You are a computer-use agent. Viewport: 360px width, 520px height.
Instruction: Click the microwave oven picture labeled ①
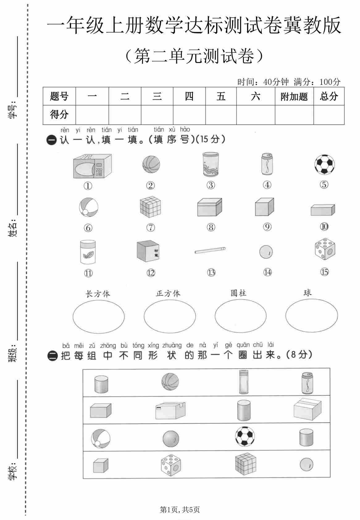coord(92,166)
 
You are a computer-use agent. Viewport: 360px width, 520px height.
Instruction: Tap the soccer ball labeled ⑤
coord(324,165)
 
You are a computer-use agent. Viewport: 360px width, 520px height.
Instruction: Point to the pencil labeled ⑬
coord(210,250)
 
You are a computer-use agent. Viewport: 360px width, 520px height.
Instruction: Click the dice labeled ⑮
coord(325,249)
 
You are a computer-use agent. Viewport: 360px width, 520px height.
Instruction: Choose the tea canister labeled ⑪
coord(88,252)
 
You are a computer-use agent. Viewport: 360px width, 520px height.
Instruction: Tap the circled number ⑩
coord(324,227)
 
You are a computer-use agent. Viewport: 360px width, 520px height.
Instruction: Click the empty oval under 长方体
coord(98,317)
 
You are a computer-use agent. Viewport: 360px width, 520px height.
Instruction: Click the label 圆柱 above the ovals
coord(238,293)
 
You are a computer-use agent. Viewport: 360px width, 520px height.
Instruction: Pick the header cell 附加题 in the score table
coord(294,97)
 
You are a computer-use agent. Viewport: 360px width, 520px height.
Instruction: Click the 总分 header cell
coord(329,96)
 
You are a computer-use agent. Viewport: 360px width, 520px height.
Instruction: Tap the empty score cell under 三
coord(157,115)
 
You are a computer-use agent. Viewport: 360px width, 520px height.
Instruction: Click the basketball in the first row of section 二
coord(170,382)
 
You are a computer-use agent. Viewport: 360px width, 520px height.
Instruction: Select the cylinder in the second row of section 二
coord(244,410)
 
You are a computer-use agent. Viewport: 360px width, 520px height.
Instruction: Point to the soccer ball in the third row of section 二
coord(245,437)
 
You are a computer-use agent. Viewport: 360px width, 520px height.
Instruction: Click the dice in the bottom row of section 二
coord(170,465)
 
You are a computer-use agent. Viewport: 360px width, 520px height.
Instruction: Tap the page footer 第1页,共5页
coord(180,510)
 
